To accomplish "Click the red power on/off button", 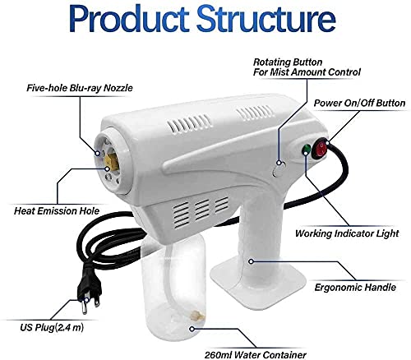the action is tap(320, 149).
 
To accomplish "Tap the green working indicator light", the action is tap(306, 149).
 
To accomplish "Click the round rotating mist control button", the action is tap(279, 168).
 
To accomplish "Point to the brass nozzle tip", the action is tap(111, 162).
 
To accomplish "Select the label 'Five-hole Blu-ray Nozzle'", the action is tap(80, 88).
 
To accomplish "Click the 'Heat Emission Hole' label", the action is tap(57, 211).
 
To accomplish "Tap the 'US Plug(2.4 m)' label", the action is tap(52, 327).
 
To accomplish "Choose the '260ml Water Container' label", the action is tap(256, 355).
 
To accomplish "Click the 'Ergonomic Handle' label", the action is tap(355, 288).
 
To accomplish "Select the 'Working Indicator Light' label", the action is tap(347, 233).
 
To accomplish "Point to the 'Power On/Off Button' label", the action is tap(359, 103).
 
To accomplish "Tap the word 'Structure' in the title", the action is tap(266, 19).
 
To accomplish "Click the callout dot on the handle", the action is tap(251, 261).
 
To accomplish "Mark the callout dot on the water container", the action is tap(192, 329).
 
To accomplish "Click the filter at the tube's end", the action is tap(198, 316).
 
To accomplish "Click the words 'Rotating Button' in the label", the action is tap(288, 62).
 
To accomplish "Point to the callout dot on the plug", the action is tap(86, 300).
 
